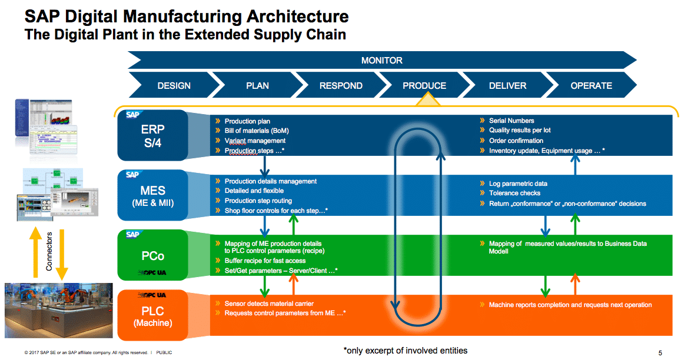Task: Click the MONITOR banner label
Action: click(381, 60)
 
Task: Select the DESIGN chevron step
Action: click(174, 85)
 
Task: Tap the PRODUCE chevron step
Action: click(424, 85)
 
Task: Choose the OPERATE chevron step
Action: click(591, 85)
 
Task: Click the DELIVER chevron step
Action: click(507, 85)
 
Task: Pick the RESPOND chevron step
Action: click(341, 85)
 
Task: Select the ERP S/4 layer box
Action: click(152, 136)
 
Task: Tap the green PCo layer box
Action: click(152, 256)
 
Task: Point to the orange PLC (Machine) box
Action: click(152, 315)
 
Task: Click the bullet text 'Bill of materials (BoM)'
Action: click(257, 131)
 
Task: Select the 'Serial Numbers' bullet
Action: click(511, 121)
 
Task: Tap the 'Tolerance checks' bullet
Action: click(514, 193)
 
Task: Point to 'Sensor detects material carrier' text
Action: click(269, 304)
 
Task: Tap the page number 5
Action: click(660, 353)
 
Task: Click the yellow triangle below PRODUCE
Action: click(428, 101)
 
